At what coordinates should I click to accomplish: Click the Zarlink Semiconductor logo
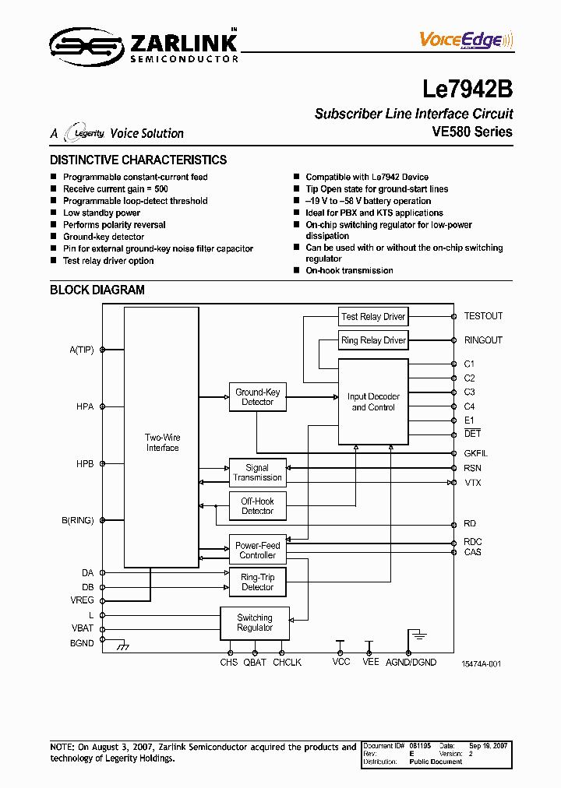tap(144, 46)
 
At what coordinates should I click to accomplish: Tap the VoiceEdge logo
tap(466, 40)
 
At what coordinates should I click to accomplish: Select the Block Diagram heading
tap(97, 290)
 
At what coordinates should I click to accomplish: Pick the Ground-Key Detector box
tap(257, 397)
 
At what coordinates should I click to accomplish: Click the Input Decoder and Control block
tap(372, 402)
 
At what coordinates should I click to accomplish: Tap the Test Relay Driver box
tap(373, 316)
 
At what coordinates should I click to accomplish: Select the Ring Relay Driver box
tap(373, 340)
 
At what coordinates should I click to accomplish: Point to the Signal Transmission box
tap(257, 473)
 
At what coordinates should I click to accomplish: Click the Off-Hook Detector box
tap(257, 506)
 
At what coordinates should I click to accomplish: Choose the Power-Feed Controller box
tap(257, 551)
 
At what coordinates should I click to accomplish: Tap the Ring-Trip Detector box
tap(257, 582)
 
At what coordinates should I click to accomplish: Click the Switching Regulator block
tap(255, 623)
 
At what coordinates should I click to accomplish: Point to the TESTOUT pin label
tap(483, 316)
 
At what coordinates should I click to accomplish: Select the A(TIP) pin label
tap(81, 350)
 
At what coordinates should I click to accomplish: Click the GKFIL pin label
tap(476, 453)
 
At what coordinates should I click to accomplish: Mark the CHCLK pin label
tap(287, 662)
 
